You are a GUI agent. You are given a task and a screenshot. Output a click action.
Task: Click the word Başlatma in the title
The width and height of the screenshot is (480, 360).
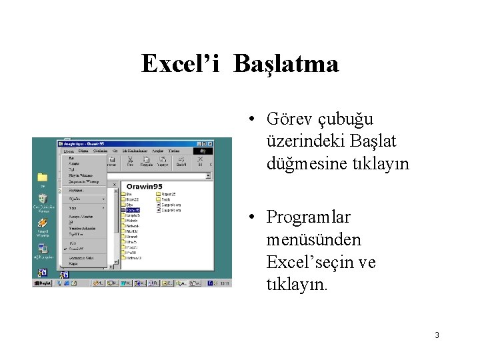pyautogui.click(x=286, y=65)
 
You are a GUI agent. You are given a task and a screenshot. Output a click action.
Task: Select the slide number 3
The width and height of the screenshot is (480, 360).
pyautogui.click(x=437, y=335)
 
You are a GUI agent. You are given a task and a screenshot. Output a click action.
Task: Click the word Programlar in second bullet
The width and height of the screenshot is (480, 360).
pyautogui.click(x=308, y=217)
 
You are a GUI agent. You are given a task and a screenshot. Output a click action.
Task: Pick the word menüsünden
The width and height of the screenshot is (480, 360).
pyautogui.click(x=313, y=239)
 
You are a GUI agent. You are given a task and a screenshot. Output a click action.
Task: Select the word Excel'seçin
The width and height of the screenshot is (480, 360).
pyautogui.click(x=312, y=263)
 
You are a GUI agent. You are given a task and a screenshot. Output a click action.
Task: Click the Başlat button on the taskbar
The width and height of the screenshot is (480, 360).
pyautogui.click(x=43, y=283)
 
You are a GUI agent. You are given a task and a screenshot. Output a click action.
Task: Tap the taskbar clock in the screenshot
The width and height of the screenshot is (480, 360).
pyautogui.click(x=225, y=283)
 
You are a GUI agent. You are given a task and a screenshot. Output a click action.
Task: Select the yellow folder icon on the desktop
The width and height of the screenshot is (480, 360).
pyautogui.click(x=42, y=177)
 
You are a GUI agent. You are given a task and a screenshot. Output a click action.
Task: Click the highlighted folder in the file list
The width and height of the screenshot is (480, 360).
pyautogui.click(x=132, y=210)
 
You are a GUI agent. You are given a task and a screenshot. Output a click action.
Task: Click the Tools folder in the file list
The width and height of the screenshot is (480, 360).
pyautogui.click(x=165, y=199)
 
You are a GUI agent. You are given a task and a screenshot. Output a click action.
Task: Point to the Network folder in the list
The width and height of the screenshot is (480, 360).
pyautogui.click(x=132, y=226)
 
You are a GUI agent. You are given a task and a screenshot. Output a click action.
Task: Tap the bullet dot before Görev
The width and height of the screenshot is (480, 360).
pyautogui.click(x=247, y=120)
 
